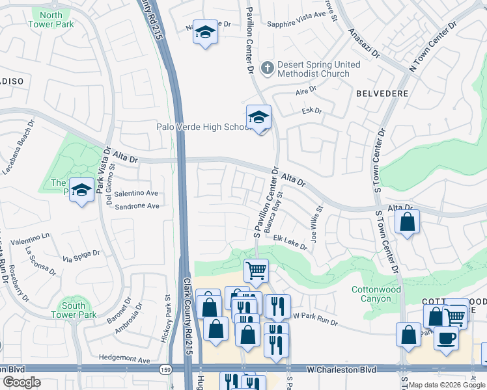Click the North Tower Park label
[51, 19]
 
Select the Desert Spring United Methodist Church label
[314, 69]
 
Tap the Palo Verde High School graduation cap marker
[258, 118]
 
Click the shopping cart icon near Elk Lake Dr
[256, 270]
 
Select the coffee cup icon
[446, 338]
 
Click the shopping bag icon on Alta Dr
[407, 222]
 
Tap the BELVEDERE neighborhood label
[382, 94]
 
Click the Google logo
[21, 382]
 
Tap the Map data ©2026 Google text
[447, 385]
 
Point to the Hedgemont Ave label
[124, 357]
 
